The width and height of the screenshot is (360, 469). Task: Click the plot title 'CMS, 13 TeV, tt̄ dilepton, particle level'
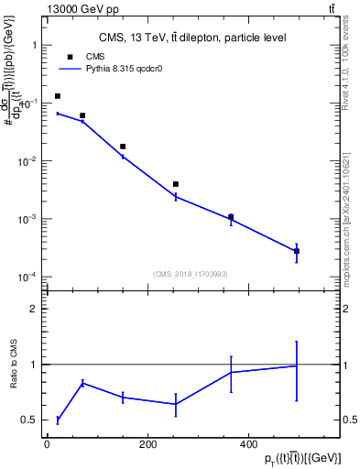pyautogui.click(x=179, y=38)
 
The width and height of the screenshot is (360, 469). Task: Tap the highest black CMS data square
pyautogui.click(x=58, y=96)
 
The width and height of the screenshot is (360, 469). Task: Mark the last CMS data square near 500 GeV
pyautogui.click(x=297, y=251)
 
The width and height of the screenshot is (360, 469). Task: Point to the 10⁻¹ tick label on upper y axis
pyautogui.click(x=27, y=104)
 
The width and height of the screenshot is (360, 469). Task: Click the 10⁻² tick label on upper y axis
pyautogui.click(x=27, y=161)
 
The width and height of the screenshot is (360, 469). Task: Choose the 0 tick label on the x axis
pyautogui.click(x=47, y=443)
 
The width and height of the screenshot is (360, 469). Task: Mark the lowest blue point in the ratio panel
pyautogui.click(x=58, y=420)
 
